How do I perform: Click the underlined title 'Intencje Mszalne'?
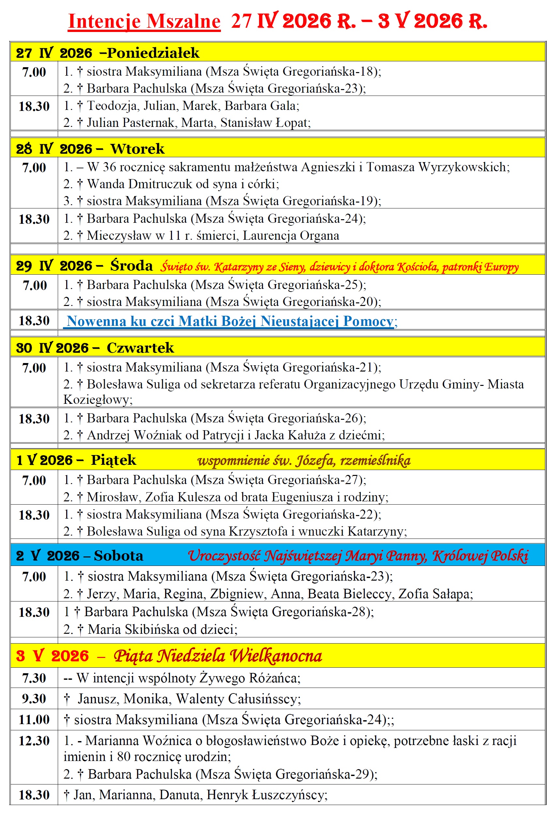pos(144,21)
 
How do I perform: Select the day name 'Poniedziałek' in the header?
pos(153,53)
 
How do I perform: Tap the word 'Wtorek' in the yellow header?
pos(137,149)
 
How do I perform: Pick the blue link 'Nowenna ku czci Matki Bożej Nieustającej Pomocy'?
pos(230,321)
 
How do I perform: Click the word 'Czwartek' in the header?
pos(140,348)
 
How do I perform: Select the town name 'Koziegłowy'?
pos(98,400)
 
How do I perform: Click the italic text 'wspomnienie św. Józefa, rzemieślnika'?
pos(304,460)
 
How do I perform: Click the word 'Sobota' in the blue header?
pos(118,556)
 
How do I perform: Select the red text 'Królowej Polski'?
pos(480,556)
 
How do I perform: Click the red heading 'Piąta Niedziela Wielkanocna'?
pos(218,656)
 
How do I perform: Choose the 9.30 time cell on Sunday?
pos(34,698)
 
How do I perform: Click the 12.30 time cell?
pos(34,740)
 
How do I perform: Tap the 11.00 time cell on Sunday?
pos(34,720)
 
